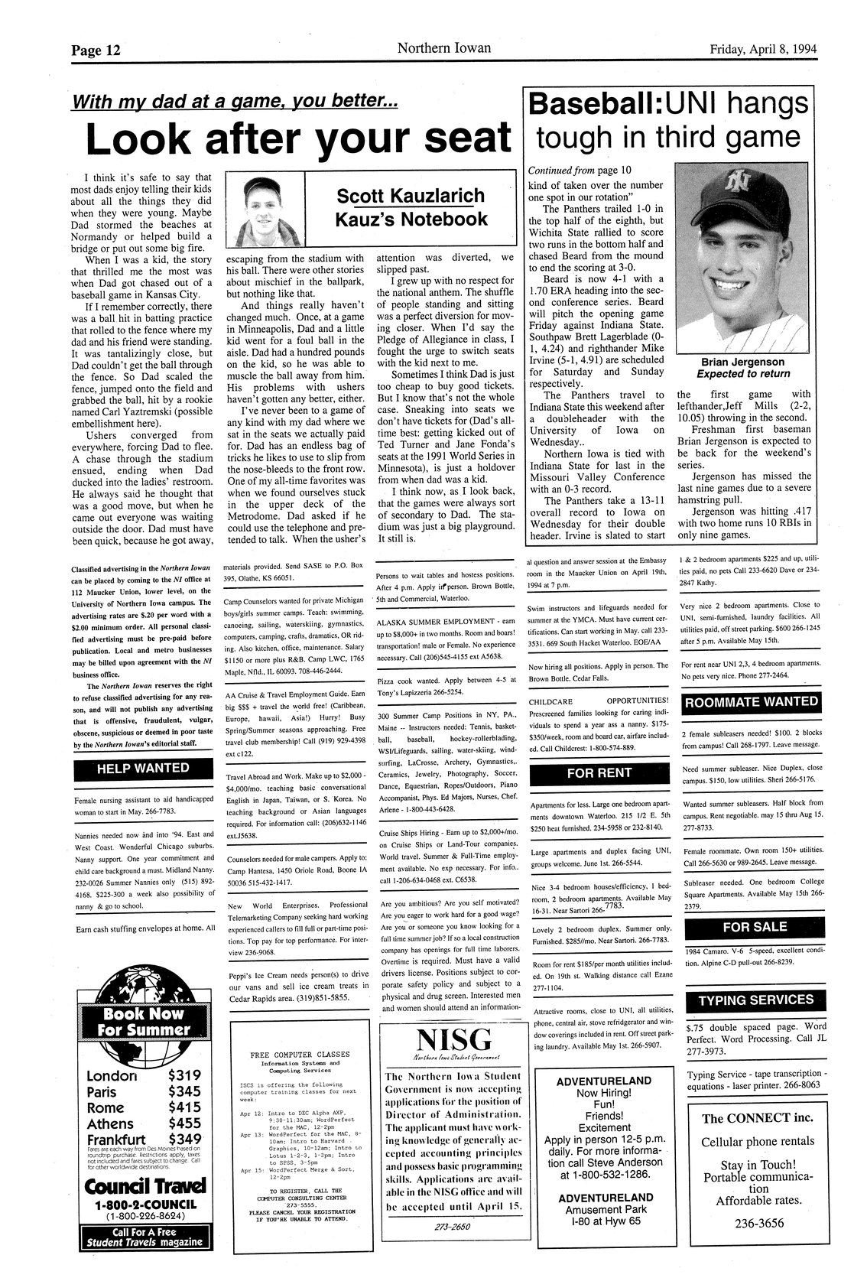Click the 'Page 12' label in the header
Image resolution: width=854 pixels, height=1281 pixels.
[x=96, y=50]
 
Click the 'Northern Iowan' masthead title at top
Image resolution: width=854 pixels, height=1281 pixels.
[x=443, y=48]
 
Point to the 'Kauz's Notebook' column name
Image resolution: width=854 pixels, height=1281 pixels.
[x=411, y=219]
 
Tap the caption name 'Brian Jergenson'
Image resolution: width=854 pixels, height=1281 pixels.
[x=742, y=362]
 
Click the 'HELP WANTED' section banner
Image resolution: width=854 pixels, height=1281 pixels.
[x=143, y=767]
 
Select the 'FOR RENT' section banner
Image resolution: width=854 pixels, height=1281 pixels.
[x=599, y=772]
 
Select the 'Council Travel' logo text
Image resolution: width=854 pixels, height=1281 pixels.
[x=144, y=1186]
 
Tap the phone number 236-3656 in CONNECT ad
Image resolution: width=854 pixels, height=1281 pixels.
[x=755, y=1223]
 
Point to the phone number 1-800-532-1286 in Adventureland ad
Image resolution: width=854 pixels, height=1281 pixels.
[x=604, y=1174]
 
